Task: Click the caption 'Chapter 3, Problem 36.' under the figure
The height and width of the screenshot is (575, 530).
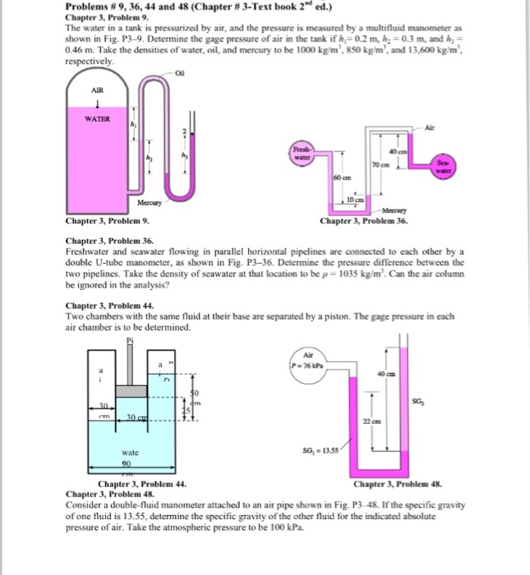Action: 363,222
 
